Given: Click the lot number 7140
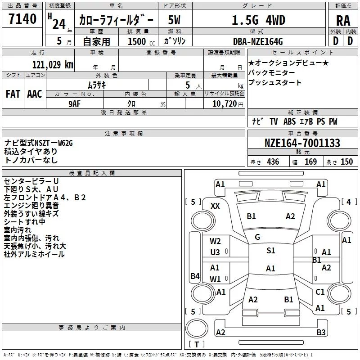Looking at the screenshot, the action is pos(22,19).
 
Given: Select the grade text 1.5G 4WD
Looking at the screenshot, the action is pos(258,20).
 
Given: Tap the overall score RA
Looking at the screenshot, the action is pos(343,21).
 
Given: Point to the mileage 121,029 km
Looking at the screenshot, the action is pos(53,65).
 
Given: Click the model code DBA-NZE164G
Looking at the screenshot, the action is pos(258,41).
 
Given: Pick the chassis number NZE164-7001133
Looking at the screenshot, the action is pos(302,143).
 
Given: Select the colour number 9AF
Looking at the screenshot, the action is pos(75,104).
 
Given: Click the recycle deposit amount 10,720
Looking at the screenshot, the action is pos(224,104).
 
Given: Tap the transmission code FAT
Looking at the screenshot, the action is pos(13,94).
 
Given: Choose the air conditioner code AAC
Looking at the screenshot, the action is pos(35,94).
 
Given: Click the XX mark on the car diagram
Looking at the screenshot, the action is pos(215,206).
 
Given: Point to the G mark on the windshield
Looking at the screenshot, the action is pos(257,237).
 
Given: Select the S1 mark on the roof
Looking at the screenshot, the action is pos(271,251).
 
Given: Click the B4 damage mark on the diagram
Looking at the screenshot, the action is pos(195,276).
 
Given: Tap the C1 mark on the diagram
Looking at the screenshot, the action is pos(320,292).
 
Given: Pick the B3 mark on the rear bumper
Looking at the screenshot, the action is pos(321,332).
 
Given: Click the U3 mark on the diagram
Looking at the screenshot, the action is pos(215,252).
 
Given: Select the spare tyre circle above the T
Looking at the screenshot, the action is pos(197,328).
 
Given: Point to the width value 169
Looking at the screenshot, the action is pos(310,162).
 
